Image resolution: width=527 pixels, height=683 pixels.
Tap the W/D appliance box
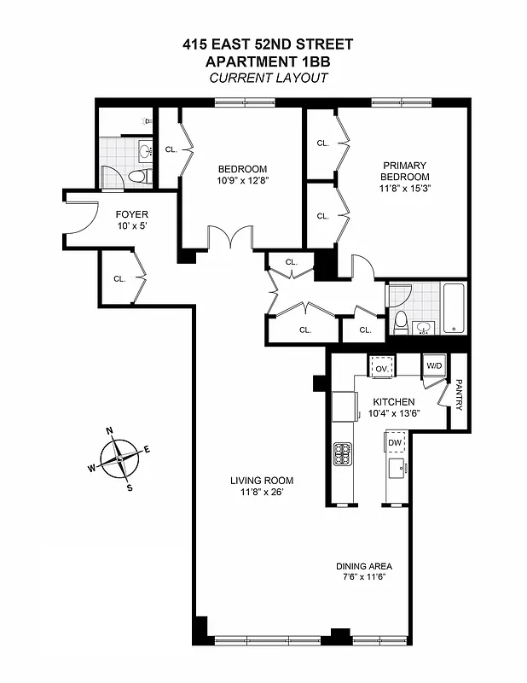434,366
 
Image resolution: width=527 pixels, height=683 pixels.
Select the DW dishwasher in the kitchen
395,443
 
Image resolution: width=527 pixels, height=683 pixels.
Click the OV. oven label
381,368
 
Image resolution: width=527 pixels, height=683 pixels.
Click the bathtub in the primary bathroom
454,309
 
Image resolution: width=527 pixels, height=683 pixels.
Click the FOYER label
132,214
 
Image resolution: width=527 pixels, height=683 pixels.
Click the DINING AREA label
363,566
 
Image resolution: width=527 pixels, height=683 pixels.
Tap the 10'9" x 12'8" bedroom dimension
242,180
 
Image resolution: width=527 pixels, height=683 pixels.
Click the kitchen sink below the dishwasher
395,469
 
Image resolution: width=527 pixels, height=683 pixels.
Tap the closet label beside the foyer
119,278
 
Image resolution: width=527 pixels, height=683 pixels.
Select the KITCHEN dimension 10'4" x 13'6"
394,414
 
